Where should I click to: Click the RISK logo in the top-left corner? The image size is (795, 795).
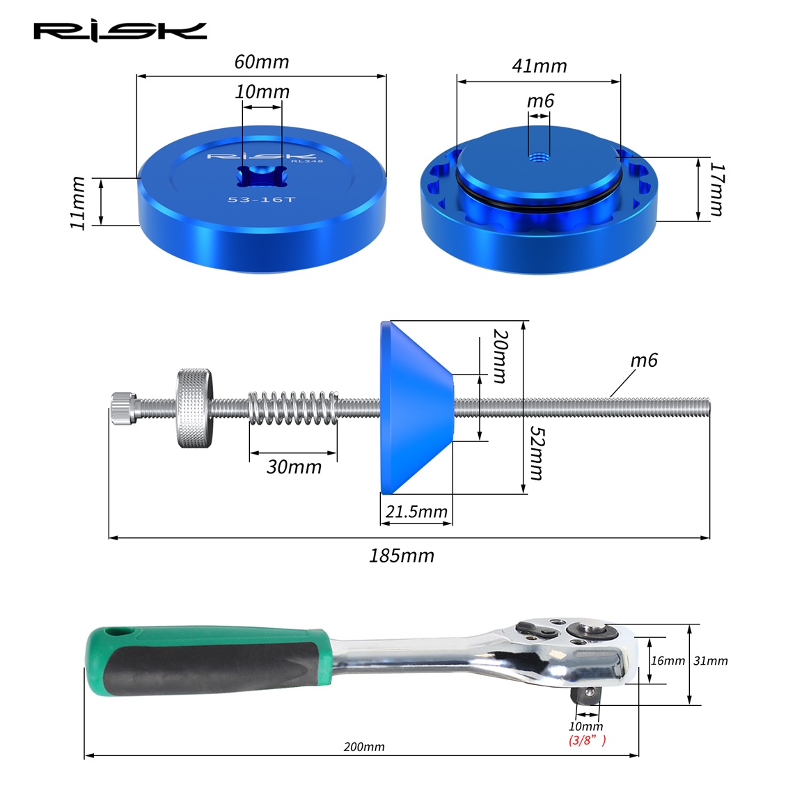click(x=120, y=31)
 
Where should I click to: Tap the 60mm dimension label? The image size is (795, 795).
click(x=262, y=62)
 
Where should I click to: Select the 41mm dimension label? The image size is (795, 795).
click(x=540, y=66)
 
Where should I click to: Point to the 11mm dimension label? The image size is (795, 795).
click(x=77, y=203)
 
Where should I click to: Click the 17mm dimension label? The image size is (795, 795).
click(x=716, y=189)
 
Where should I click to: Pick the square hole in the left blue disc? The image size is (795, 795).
click(x=262, y=176)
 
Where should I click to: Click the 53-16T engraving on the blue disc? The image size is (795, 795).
click(x=261, y=199)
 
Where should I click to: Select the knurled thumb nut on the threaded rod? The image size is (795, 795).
click(x=195, y=408)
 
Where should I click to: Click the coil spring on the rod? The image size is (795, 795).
click(x=293, y=408)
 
